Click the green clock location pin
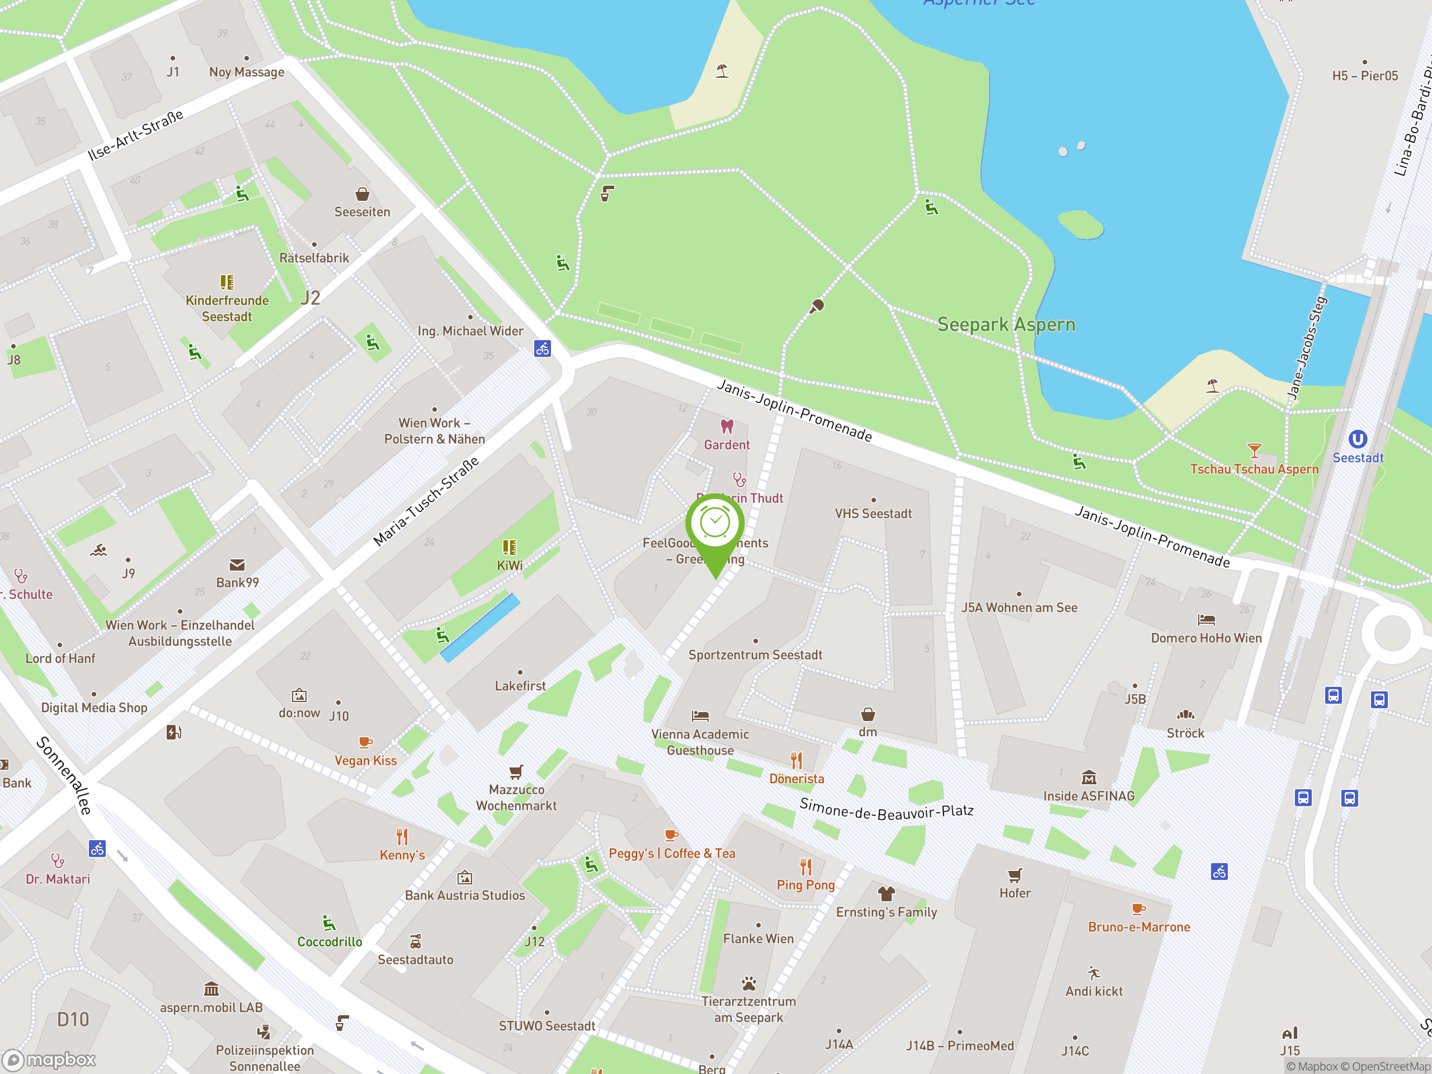point(715,525)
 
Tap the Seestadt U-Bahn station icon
point(1358,440)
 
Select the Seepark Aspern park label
point(1006,324)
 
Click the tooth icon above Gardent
point(727,427)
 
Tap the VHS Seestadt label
point(873,514)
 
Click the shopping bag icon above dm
point(868,715)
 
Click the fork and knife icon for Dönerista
point(797,760)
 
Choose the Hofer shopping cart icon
point(1015,876)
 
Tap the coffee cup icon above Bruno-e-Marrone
point(1138,910)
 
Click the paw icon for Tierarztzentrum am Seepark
point(748,984)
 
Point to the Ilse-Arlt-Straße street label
point(135,135)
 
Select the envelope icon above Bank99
point(237,565)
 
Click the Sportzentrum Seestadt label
point(755,654)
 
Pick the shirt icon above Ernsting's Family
point(885,894)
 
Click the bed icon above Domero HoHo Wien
point(1206,620)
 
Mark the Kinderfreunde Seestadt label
point(227,308)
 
